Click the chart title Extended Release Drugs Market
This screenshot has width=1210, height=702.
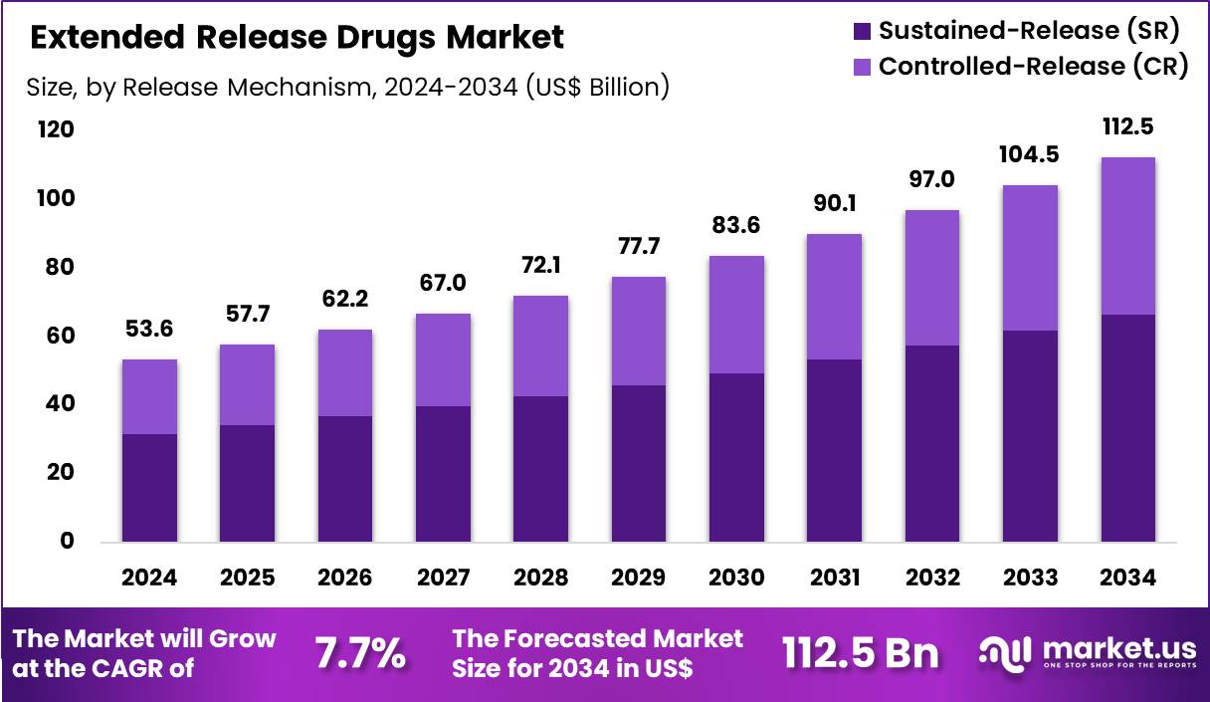pos(297,38)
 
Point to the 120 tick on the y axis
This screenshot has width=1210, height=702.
pos(57,130)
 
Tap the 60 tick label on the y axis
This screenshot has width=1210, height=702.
pos(57,336)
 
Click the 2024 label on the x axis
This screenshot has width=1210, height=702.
pos(149,578)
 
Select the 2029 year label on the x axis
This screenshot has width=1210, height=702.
pos(639,578)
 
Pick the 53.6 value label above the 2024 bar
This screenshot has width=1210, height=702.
pos(149,330)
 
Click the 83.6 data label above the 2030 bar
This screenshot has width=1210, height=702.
pos(736,226)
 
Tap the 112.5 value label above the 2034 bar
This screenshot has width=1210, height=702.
pos(1127,127)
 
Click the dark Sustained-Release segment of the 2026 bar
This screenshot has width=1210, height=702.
pos(345,478)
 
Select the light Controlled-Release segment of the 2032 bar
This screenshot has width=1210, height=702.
pos(932,277)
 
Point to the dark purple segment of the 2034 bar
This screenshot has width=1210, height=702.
pos(1127,428)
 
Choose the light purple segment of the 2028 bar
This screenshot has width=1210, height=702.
pos(541,346)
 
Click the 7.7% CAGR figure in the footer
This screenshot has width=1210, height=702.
pos(360,653)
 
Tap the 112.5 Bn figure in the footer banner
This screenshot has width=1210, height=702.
pos(860,653)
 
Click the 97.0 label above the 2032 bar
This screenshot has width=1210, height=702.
pos(932,180)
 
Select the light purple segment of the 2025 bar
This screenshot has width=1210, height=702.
pos(247,384)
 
